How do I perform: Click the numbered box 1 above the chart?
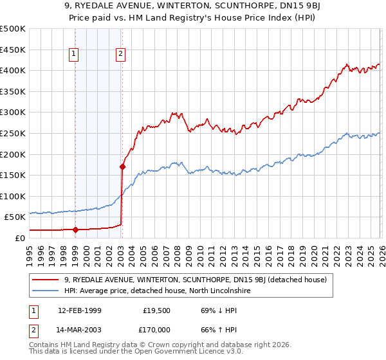point(75,55)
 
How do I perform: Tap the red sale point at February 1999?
point(75,230)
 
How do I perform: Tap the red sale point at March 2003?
point(122,166)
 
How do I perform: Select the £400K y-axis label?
point(13,71)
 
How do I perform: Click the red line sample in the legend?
point(46,280)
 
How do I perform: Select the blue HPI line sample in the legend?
point(46,291)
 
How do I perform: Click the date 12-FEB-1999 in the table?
point(80,310)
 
